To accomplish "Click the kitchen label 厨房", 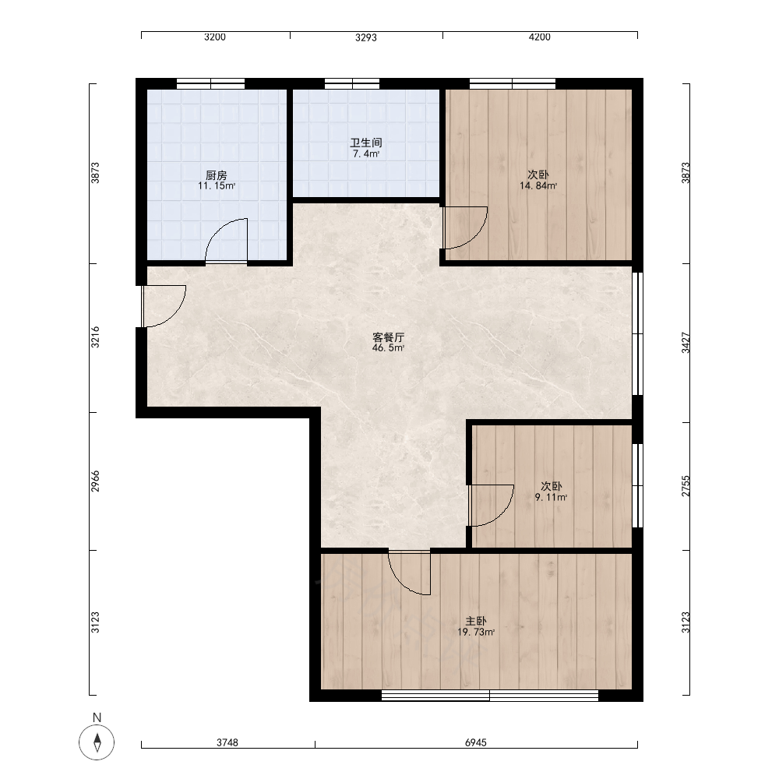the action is (x=216, y=175).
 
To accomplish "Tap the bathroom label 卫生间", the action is (x=366, y=143).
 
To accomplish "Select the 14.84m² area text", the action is (x=538, y=186).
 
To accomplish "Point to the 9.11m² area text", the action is (x=551, y=497).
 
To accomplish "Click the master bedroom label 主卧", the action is (x=475, y=621).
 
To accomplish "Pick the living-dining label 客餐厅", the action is (x=389, y=337).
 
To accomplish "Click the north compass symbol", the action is (x=97, y=742).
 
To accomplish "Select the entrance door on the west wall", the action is (x=164, y=306).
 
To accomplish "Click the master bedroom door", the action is (x=410, y=573).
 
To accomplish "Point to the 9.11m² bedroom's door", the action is (x=492, y=506).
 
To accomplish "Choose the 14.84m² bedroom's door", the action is (x=465, y=227).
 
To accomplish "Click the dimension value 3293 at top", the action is (x=366, y=37).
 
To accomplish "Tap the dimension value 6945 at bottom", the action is (x=476, y=742).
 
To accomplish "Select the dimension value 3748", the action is (x=227, y=742).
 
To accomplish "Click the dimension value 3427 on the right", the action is (x=686, y=343).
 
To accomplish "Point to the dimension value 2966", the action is (x=95, y=481).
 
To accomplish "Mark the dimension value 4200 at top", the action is (x=540, y=37).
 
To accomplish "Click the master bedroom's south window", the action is (x=490, y=696).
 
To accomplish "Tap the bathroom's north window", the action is (x=352, y=83).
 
